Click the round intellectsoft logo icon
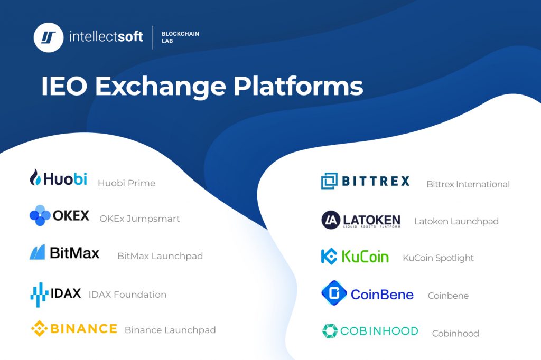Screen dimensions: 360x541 (x=49, y=37)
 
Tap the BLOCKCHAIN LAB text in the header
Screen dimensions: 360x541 (x=180, y=37)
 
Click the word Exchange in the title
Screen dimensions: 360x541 (x=161, y=86)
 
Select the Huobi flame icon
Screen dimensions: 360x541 (x=35, y=177)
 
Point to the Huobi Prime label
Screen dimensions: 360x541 (x=126, y=183)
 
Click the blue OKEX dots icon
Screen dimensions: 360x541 (x=40, y=215)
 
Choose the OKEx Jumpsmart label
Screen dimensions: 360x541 (x=139, y=219)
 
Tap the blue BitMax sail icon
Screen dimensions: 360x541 (x=37, y=252)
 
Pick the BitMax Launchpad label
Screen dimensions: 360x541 (x=160, y=256)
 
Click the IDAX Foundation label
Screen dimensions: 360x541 (x=127, y=295)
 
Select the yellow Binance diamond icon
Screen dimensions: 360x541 (x=39, y=329)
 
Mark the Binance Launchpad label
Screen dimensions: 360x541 (x=170, y=330)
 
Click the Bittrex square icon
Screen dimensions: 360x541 (x=329, y=181)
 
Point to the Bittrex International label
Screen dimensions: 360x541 (x=468, y=184)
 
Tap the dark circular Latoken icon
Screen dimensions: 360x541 (x=330, y=220)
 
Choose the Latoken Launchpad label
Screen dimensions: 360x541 (x=456, y=221)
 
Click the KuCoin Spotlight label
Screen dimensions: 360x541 (x=438, y=258)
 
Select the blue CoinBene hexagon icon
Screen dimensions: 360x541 (x=334, y=293)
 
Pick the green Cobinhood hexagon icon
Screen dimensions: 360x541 (x=330, y=331)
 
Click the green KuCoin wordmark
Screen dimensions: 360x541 (x=365, y=257)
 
